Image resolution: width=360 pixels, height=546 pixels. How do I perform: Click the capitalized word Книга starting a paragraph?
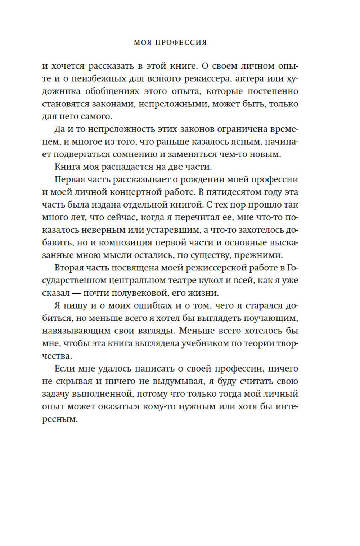point(67,167)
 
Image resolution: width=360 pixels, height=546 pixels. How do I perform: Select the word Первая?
point(71,179)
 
